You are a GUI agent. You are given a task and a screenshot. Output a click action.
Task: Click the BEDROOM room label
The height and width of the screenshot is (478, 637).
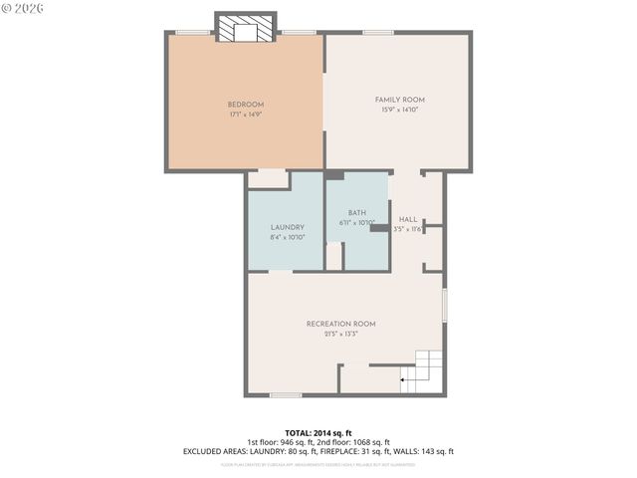[x=245, y=105]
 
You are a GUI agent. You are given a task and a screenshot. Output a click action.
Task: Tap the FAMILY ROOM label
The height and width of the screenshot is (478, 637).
[x=399, y=100]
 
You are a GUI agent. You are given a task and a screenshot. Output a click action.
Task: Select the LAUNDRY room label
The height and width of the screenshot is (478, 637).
[x=286, y=228]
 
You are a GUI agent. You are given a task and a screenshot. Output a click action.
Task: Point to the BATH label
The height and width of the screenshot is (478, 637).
[x=356, y=213]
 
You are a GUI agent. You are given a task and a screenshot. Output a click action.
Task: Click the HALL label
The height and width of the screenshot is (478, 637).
[x=408, y=219]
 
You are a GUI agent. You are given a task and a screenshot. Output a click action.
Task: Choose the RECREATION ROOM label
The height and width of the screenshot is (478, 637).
[x=340, y=324]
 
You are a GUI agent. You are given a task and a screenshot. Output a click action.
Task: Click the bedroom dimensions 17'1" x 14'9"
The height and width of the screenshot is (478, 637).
[x=245, y=115]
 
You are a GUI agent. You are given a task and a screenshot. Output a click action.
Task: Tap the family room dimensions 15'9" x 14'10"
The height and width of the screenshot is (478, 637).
[x=399, y=110]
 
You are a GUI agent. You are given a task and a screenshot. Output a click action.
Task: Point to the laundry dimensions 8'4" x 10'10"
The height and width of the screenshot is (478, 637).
[x=286, y=238]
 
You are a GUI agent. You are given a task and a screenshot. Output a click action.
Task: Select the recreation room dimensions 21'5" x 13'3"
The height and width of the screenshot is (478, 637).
[x=340, y=334]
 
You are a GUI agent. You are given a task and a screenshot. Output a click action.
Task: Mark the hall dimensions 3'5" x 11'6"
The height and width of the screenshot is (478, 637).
[x=409, y=229]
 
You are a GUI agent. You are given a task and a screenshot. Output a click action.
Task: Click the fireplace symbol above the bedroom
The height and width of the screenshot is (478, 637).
[x=245, y=30]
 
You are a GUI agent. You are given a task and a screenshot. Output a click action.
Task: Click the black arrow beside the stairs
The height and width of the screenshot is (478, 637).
[x=403, y=378]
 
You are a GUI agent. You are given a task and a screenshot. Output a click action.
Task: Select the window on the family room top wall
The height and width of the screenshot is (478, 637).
[x=377, y=33]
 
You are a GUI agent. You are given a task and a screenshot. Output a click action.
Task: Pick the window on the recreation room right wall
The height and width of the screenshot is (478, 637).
[x=444, y=305]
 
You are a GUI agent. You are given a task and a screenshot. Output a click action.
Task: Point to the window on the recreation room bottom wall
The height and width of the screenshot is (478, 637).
[x=286, y=395]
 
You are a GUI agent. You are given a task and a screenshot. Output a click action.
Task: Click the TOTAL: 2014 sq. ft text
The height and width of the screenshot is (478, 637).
[x=318, y=433]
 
